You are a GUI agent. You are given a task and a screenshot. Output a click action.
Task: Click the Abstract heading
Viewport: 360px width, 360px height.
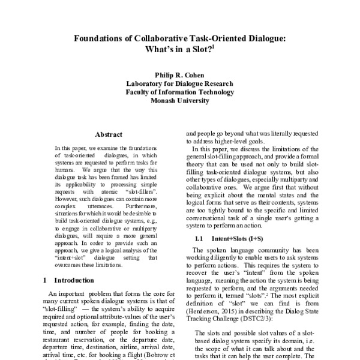coord(109,134)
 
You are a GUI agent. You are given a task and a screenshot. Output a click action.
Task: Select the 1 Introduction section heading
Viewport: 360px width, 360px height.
coord(69,280)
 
